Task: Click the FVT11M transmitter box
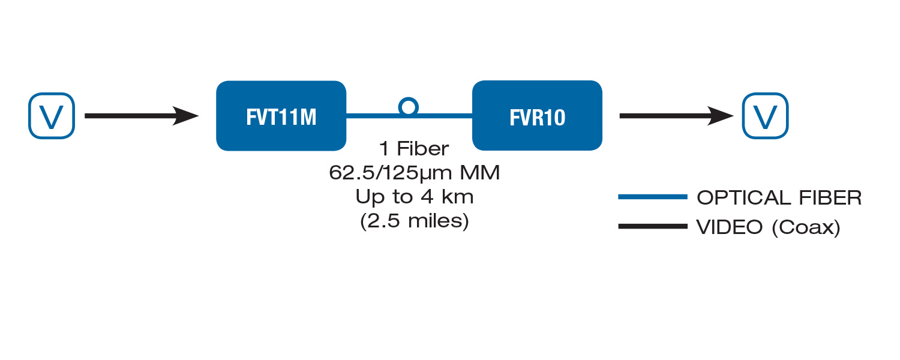[281, 116]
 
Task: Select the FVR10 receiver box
[537, 116]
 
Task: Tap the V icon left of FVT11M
[52, 116]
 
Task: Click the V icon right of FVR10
[765, 116]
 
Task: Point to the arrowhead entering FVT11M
[187, 116]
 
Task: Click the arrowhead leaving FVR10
[722, 116]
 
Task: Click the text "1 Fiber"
[414, 149]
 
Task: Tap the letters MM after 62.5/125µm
[480, 173]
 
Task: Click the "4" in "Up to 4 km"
[427, 197]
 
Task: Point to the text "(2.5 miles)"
[414, 221]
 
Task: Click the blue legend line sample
[653, 197]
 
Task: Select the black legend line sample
[653, 226]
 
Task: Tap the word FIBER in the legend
[830, 197]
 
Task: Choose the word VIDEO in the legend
[730, 227]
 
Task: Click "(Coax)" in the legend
[806, 228]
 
